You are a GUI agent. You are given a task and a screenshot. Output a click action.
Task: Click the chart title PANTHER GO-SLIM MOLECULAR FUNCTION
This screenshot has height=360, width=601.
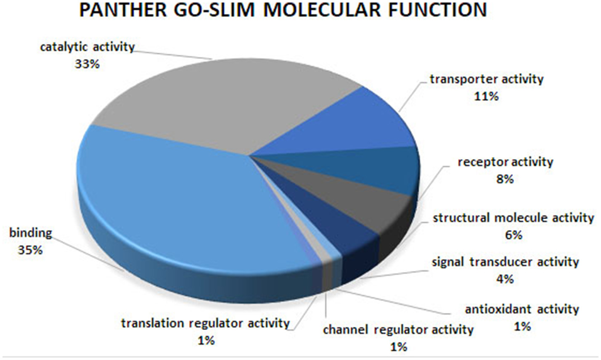click(x=283, y=11)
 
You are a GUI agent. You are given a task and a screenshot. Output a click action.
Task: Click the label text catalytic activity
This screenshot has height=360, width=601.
click(x=87, y=47)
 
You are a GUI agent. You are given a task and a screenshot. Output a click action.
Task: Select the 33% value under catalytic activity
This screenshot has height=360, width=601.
click(x=87, y=64)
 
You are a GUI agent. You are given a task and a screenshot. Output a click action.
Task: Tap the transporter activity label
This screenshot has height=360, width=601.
click(x=486, y=79)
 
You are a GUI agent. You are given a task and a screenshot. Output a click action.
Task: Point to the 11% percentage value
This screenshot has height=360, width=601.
click(x=486, y=96)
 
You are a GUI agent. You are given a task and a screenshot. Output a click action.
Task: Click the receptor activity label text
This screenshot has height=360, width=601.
click(x=505, y=162)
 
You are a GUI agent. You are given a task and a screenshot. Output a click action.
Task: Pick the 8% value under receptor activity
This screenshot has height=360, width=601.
click(x=505, y=179)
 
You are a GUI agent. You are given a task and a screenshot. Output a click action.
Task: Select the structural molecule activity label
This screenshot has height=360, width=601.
click(x=513, y=218)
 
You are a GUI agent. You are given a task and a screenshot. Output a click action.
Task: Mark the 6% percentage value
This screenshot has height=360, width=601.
click(x=514, y=235)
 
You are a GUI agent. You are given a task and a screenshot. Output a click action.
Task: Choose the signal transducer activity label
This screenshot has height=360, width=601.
click(x=505, y=262)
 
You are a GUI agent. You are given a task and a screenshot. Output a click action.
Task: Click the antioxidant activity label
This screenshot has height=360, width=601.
click(x=522, y=310)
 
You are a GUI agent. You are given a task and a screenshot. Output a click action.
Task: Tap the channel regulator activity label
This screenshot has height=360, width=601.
click(x=398, y=330)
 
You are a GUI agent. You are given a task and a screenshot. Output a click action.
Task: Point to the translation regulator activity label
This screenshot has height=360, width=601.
click(x=205, y=323)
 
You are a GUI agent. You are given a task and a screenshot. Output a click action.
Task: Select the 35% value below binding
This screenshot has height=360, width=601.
click(x=30, y=250)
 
